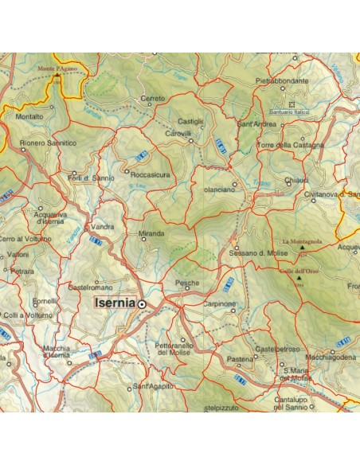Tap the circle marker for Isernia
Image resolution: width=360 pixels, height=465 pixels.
pyautogui.click(x=143, y=304)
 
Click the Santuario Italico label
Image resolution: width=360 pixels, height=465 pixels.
pyautogui.click(x=291, y=112)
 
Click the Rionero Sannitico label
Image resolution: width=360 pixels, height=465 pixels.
pyautogui.click(x=49, y=143)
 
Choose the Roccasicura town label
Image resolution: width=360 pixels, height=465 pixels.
pyautogui.click(x=151, y=174)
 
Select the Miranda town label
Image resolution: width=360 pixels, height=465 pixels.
pyautogui.click(x=151, y=233)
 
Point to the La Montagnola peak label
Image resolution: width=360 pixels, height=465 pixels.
pyautogui.click(x=300, y=241)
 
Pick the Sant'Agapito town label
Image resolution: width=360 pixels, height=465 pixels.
pyautogui.click(x=153, y=386)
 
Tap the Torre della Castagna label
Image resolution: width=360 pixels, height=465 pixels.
pyautogui.click(x=292, y=146)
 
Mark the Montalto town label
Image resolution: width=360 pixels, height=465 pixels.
pyautogui.click(x=29, y=117)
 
